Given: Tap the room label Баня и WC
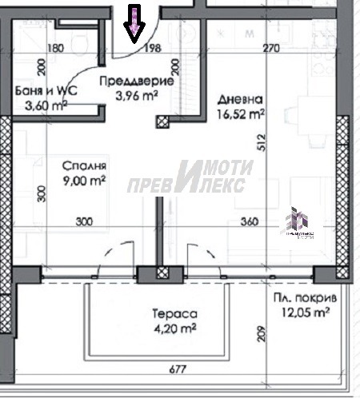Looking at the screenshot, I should [46, 91].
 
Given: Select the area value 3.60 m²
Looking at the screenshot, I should [46, 105].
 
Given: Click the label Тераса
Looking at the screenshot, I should [172, 315].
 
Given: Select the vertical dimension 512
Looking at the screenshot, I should [259, 141].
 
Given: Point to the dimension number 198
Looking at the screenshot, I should [154, 49].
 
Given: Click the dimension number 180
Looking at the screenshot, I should [56, 49].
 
